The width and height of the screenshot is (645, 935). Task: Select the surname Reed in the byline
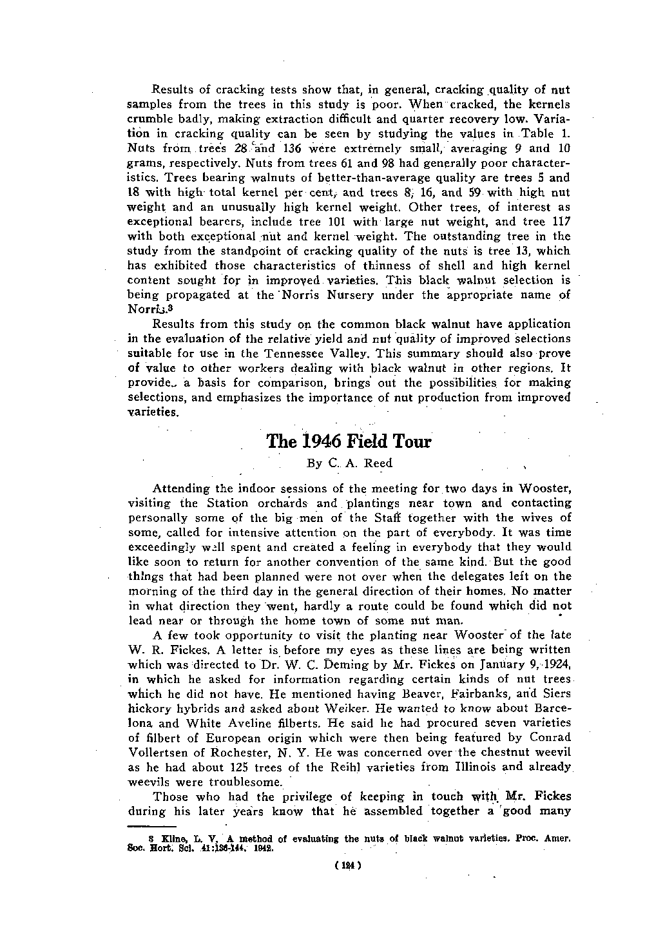click(377, 463)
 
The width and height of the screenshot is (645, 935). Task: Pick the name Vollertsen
click(159, 752)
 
